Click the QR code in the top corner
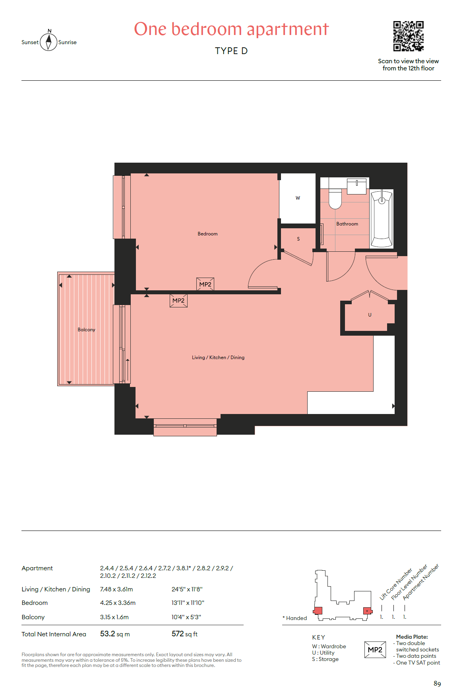408,36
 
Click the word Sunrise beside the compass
67,42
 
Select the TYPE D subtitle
231,51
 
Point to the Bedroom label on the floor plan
207,234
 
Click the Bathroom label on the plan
347,224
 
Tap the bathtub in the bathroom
382,219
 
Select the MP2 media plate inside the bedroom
205,284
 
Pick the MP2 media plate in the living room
178,301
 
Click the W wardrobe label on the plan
298,198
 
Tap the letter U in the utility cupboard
370,315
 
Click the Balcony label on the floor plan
86,330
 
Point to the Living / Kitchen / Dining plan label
218,358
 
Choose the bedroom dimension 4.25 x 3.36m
118,603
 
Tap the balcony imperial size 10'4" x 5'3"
186,617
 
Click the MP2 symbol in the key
375,650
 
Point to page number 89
437,684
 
